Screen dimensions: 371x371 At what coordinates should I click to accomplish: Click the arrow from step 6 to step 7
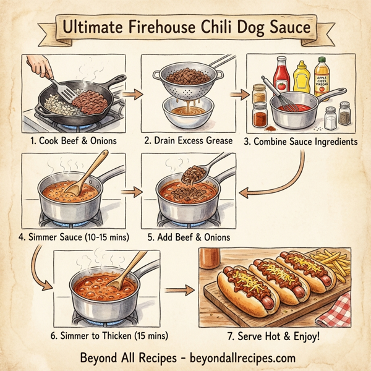(177, 289)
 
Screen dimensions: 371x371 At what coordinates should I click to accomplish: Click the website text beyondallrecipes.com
(236, 357)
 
